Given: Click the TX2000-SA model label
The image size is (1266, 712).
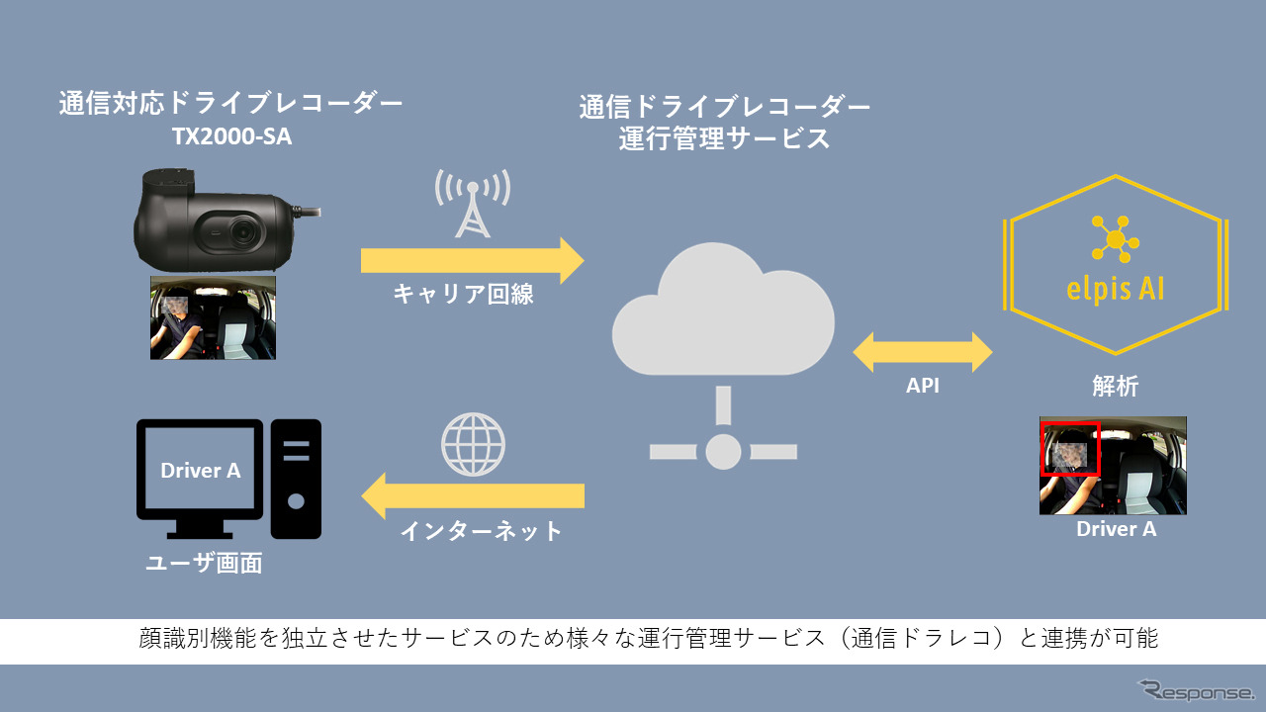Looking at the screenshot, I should (232, 137).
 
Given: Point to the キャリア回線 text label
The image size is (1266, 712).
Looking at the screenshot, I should (463, 294).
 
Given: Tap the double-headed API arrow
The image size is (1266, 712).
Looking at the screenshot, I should (923, 352).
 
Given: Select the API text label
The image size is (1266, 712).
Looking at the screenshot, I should (923, 387).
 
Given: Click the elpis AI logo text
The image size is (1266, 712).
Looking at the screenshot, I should (1116, 291).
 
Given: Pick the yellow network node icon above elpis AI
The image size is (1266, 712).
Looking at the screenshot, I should (1116, 238).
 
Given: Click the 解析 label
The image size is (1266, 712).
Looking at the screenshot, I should (1115, 387).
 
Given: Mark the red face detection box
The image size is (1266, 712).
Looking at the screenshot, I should (1070, 449).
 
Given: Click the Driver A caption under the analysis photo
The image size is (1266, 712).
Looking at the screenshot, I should (1116, 529).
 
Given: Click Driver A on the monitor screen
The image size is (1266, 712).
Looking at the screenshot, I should (201, 471).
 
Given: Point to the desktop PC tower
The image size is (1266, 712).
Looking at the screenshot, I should (296, 479).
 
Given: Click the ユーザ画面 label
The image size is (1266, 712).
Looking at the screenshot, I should (204, 564).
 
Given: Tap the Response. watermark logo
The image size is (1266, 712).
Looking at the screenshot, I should (1195, 689).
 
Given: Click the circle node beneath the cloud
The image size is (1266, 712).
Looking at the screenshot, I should (723, 451).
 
